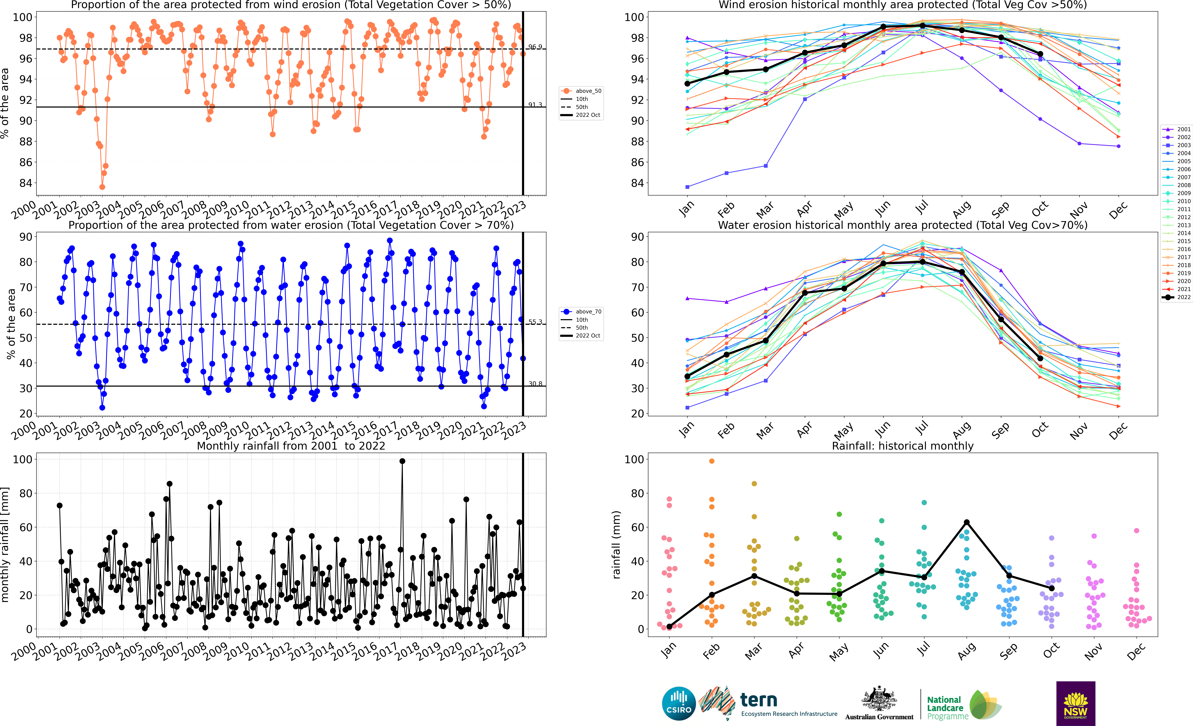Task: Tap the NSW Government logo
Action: click(1075, 703)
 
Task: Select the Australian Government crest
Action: click(879, 699)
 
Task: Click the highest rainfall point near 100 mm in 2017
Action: click(402, 461)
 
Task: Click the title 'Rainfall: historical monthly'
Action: click(902, 446)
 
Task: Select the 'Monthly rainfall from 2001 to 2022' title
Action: click(290, 446)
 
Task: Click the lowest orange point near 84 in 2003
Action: click(102, 187)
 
